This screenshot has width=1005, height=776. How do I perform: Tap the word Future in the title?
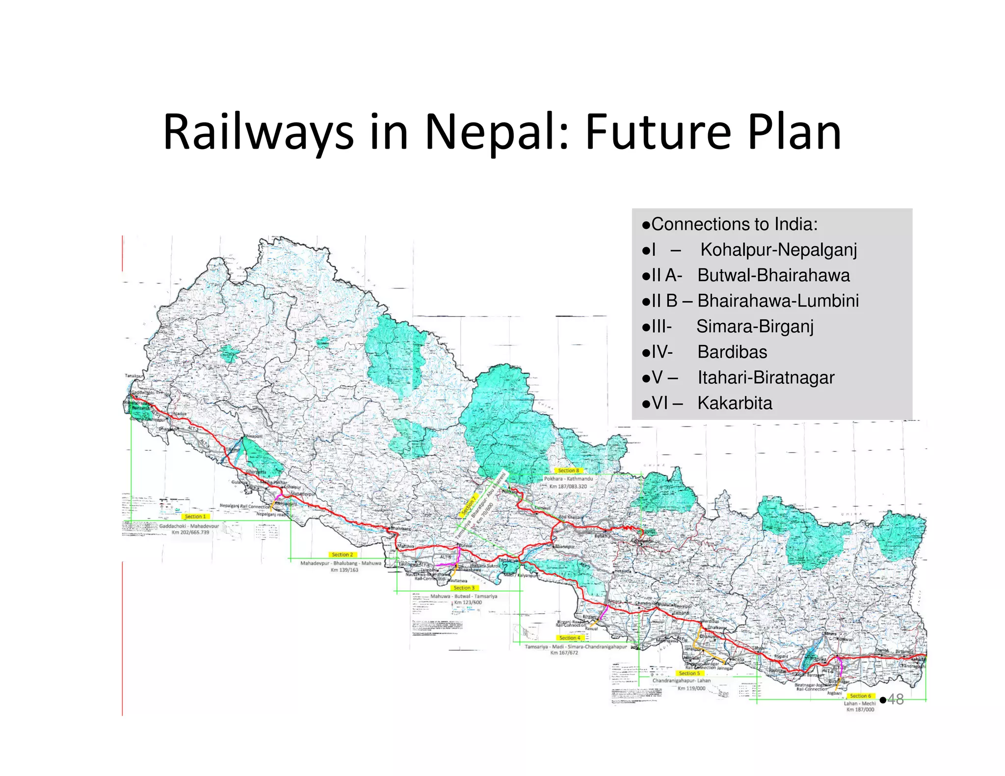pos(658,132)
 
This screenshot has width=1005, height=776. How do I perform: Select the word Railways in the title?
pos(258,132)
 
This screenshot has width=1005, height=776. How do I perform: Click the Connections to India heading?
pos(734,224)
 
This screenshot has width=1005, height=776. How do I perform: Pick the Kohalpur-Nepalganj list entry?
pos(778,250)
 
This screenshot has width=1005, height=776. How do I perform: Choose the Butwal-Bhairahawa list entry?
pos(773,275)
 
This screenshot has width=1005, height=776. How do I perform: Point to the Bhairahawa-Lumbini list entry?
pos(778,301)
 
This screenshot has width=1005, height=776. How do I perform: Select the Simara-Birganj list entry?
pos(755,326)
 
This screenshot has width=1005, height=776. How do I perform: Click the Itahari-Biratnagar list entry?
pos(766,377)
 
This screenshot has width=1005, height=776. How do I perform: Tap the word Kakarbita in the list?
pos(735,403)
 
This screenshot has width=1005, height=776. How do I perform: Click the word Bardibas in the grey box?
pos(732,352)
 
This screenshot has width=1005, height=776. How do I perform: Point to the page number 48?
pos(896,699)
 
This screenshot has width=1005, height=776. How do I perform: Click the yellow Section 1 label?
pos(195,517)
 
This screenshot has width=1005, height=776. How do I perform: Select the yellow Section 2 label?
pos(342,554)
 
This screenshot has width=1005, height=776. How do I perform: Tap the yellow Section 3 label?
pos(464,588)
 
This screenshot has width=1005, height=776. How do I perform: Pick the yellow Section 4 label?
pos(569,638)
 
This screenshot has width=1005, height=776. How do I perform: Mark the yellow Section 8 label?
pos(568,470)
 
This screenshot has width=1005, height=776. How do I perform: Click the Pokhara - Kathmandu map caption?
pos(568,478)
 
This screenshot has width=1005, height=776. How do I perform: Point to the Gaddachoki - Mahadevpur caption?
pos(189,526)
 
